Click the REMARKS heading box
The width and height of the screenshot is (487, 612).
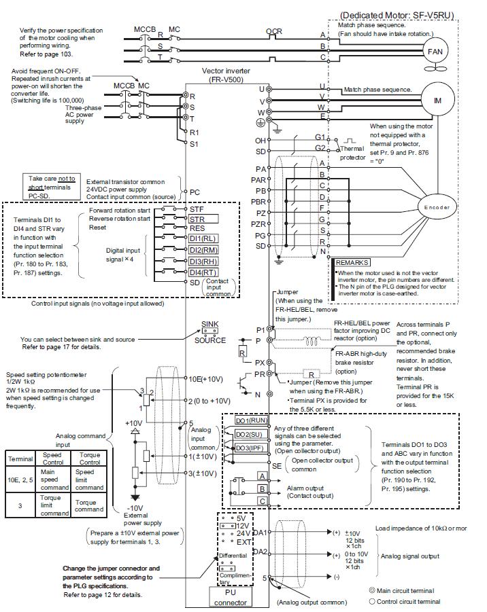pyautogui.click(x=352, y=262)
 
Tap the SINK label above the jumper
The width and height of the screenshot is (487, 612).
pyautogui.click(x=209, y=325)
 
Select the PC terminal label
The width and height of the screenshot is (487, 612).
pyautogui.click(x=195, y=192)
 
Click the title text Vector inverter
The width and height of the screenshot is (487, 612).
pyautogui.click(x=226, y=71)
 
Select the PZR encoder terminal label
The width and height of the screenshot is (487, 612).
pyautogui.click(x=256, y=223)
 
